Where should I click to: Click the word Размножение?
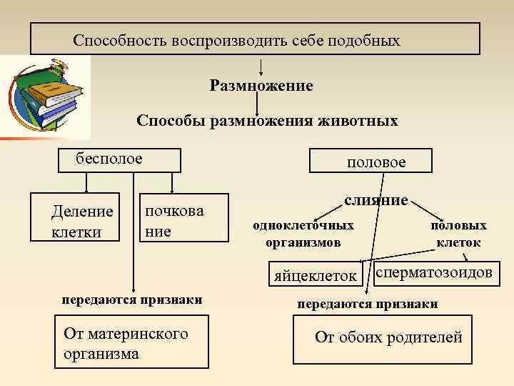point(261,86)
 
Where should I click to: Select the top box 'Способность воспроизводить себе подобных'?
point(255,39)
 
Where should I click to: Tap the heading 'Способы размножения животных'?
point(267,121)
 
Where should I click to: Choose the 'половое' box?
point(371,162)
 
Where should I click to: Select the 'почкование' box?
point(183,221)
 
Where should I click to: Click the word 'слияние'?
point(376,201)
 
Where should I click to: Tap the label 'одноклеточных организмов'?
point(303,234)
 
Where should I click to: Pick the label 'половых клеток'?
point(458,234)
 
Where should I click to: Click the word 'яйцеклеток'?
point(315,275)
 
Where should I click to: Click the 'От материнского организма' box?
point(132,344)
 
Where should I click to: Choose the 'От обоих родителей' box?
point(388,337)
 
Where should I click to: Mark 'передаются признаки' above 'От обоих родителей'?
point(368,304)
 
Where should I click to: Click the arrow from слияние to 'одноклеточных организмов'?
point(328,214)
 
